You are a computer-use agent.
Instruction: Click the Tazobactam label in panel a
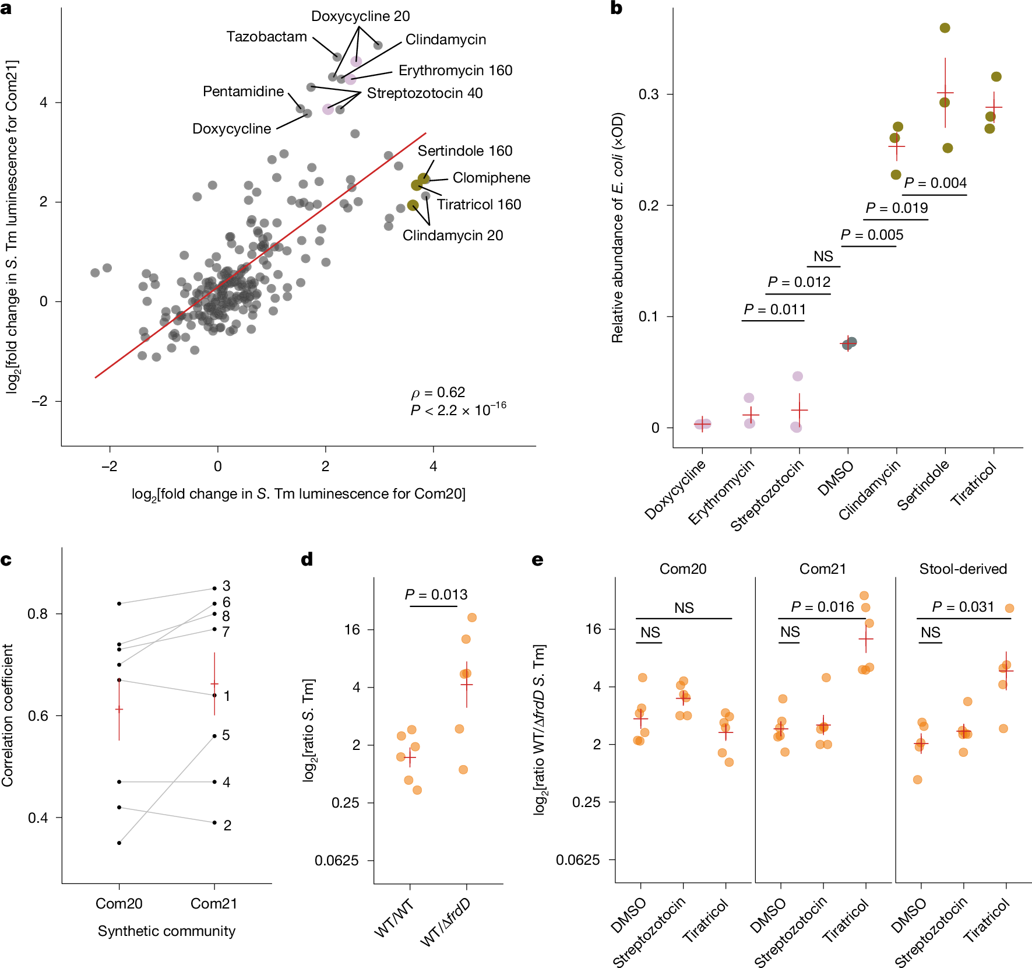266,37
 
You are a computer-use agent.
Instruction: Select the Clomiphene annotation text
491,178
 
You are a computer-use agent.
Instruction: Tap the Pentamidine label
243,92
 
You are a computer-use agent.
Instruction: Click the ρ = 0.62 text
438,392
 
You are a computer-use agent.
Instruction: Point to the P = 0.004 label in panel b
935,183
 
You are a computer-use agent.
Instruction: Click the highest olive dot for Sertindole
945,28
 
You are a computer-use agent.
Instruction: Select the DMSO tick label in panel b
836,478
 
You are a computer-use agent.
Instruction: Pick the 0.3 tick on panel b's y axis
648,94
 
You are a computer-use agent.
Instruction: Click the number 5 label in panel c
226,735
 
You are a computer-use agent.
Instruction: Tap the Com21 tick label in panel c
214,903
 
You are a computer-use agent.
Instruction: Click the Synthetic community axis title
167,931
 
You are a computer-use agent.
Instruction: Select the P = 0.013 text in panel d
436,595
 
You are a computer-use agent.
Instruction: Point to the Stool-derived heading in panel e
963,569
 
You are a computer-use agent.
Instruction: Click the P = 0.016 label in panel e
822,607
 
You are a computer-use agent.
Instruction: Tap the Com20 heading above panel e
683,569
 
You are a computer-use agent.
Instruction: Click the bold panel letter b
616,8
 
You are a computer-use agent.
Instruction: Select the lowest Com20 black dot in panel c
119,843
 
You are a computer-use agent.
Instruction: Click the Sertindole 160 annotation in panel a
465,151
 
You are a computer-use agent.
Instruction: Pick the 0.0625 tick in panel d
337,861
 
